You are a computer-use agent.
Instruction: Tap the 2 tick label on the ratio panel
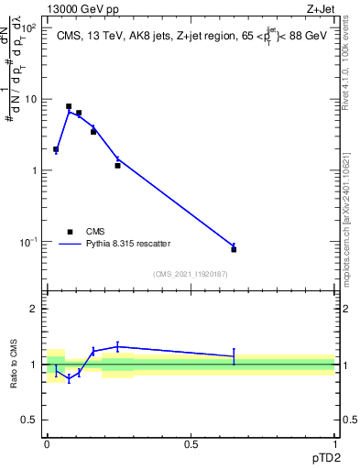(35, 310)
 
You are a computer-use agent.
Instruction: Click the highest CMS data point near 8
(69, 106)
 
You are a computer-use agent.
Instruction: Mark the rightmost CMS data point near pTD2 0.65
(234, 249)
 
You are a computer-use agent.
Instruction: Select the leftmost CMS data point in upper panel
(56, 149)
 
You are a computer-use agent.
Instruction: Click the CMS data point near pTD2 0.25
(117, 166)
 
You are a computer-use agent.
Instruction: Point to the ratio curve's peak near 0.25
(117, 346)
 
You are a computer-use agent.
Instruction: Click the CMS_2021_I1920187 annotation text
(190, 274)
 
